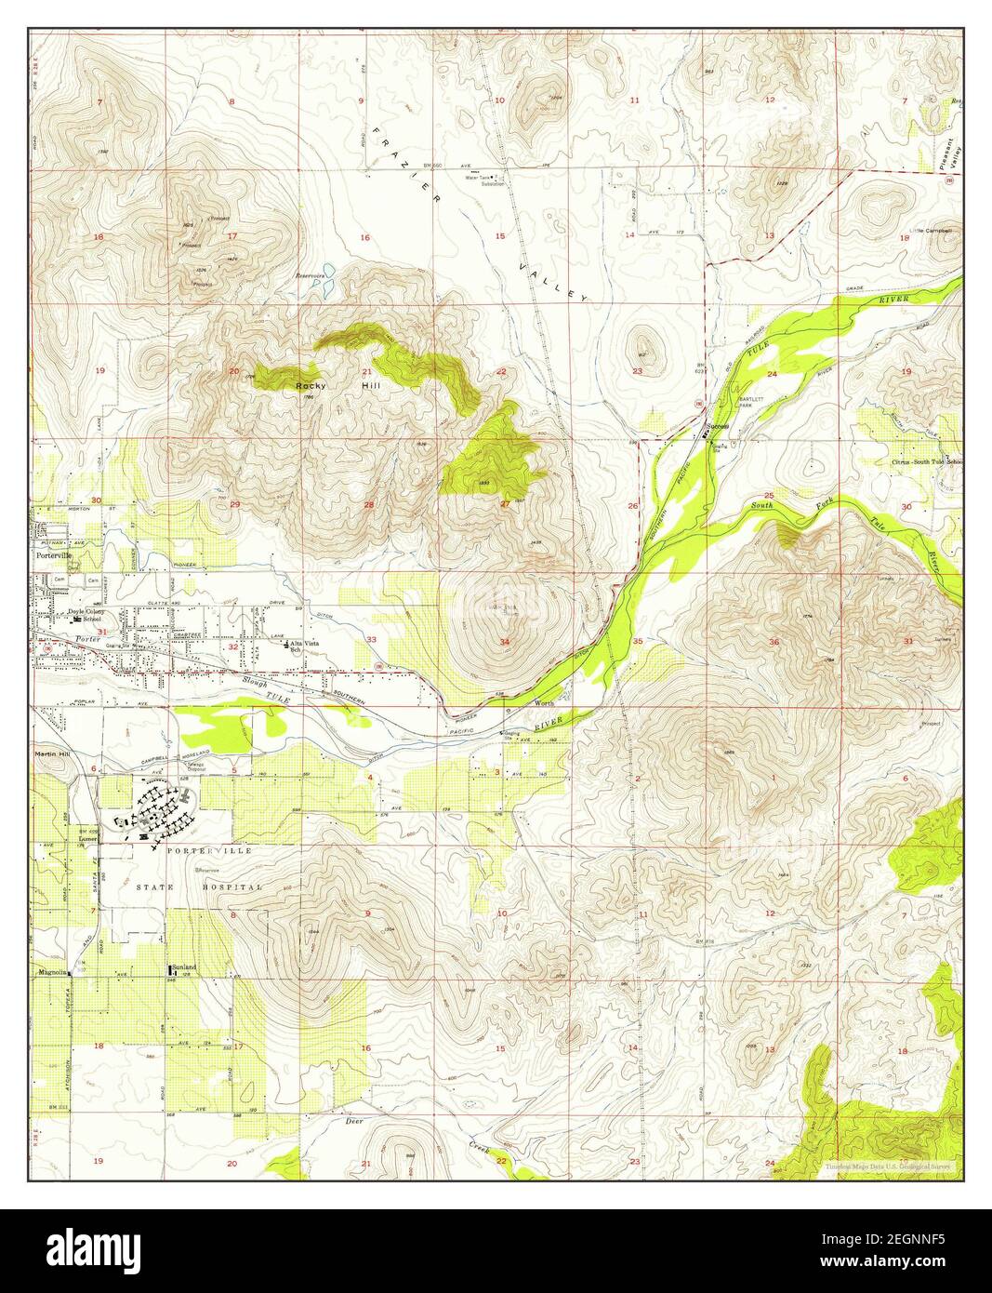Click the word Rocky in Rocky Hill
pos(309,385)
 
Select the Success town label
pos(717,428)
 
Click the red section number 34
pos(505,642)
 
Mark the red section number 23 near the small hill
pos(637,372)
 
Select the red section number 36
pos(774,642)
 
